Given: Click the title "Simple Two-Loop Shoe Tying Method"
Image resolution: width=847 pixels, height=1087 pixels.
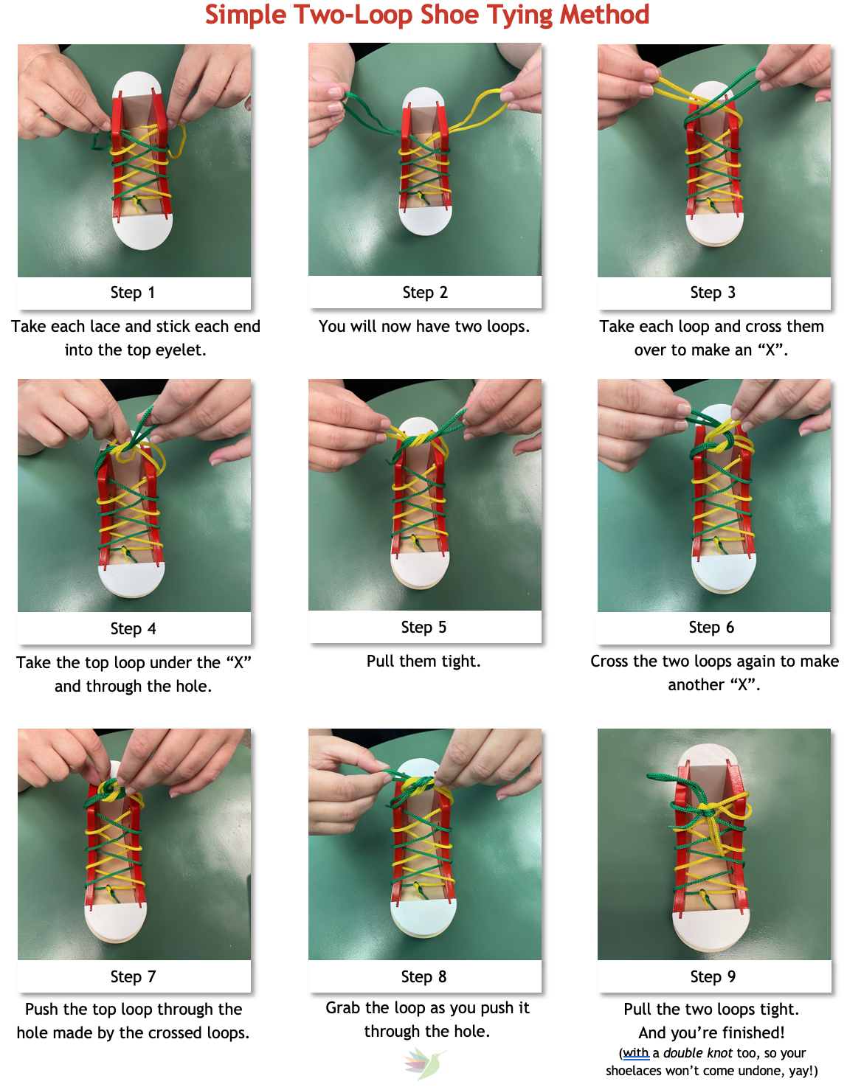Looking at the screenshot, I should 426,15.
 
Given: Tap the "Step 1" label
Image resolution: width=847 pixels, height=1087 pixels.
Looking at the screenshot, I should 133,293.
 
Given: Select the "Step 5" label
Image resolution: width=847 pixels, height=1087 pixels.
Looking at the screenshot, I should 423,628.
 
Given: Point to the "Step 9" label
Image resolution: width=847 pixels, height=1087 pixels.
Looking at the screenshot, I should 713,977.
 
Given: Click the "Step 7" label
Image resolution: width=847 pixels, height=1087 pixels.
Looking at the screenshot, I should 133,977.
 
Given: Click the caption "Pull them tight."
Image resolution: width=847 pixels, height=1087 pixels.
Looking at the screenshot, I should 423,661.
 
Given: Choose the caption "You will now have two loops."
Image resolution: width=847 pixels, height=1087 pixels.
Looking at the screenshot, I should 424,327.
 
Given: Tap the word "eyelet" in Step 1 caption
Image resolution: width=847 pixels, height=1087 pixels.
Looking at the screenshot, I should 178,350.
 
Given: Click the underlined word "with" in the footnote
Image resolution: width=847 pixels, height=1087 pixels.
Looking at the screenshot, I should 636,1053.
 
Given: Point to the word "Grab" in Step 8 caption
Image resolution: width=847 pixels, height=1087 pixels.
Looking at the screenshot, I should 343,1008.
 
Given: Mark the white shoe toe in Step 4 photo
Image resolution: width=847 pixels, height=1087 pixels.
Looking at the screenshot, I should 131,580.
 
